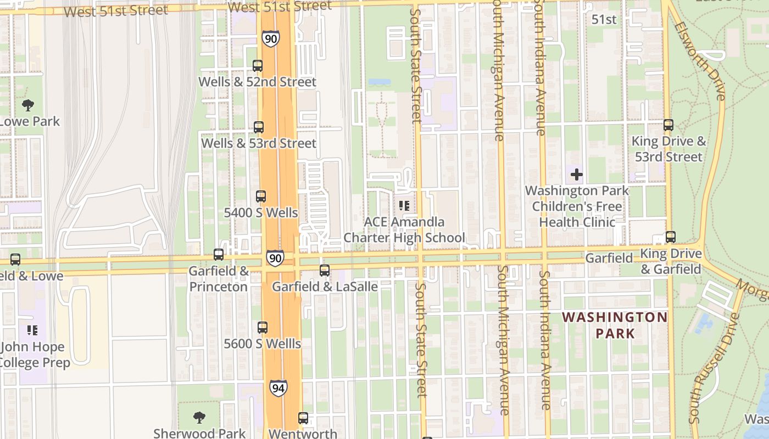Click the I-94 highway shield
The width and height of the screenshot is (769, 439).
tap(278, 389)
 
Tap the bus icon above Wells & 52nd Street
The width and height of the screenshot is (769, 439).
tap(258, 66)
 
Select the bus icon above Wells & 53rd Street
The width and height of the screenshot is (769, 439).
tap(259, 127)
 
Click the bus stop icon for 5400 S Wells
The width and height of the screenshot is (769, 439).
tap(261, 196)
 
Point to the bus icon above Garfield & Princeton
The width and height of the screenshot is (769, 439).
tap(219, 255)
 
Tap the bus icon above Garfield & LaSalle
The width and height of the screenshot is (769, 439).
tap(325, 271)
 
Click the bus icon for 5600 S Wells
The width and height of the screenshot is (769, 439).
tap(263, 328)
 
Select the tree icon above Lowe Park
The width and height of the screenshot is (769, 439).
tap(27, 105)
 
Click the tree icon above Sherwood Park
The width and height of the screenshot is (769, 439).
tap(199, 418)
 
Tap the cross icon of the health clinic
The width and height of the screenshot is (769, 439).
tap(577, 175)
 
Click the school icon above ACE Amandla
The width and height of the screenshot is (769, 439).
tap(404, 206)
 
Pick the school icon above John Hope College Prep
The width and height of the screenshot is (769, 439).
tap(32, 330)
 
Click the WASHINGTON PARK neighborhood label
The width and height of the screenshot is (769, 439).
tap(615, 325)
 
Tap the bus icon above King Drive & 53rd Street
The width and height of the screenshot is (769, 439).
tap(668, 125)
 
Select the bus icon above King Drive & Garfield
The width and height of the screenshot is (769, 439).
tap(671, 237)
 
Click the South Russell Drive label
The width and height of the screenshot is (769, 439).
tap(715, 368)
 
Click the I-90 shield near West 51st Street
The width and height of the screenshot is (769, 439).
tap(270, 38)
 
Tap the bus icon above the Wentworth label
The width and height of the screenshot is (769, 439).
tap(303, 418)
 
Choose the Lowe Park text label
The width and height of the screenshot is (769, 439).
tap(30, 121)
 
